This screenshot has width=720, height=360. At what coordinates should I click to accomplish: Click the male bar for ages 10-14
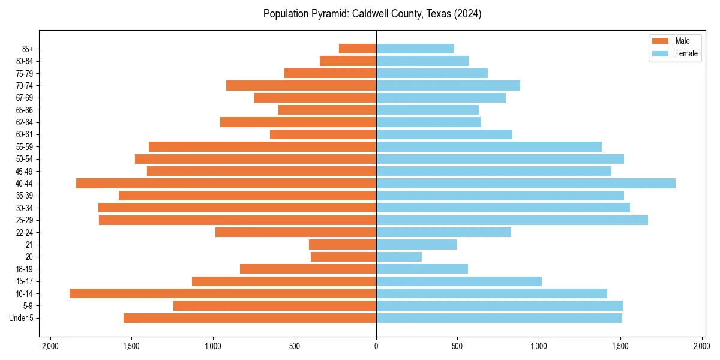(223, 293)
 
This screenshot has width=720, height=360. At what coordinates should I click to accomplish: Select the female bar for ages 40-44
(526, 183)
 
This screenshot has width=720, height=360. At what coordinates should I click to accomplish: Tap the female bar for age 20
(399, 257)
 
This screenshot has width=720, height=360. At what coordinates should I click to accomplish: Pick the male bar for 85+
(358, 49)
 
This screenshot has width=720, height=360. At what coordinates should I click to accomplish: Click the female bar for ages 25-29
(512, 220)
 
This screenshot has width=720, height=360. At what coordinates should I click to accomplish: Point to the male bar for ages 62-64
(298, 122)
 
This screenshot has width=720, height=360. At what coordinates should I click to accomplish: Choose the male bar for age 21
(343, 244)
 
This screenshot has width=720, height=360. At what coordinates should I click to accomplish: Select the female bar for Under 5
(499, 318)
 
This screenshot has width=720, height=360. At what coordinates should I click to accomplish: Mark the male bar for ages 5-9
(275, 305)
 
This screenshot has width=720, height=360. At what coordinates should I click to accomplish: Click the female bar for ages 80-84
(422, 61)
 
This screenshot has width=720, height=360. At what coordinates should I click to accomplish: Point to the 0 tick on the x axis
(376, 346)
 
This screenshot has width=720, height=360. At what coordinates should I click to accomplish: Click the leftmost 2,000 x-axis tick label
(50, 346)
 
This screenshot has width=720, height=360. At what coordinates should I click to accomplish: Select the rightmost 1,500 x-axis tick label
(620, 346)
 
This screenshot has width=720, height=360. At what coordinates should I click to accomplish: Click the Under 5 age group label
(22, 318)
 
